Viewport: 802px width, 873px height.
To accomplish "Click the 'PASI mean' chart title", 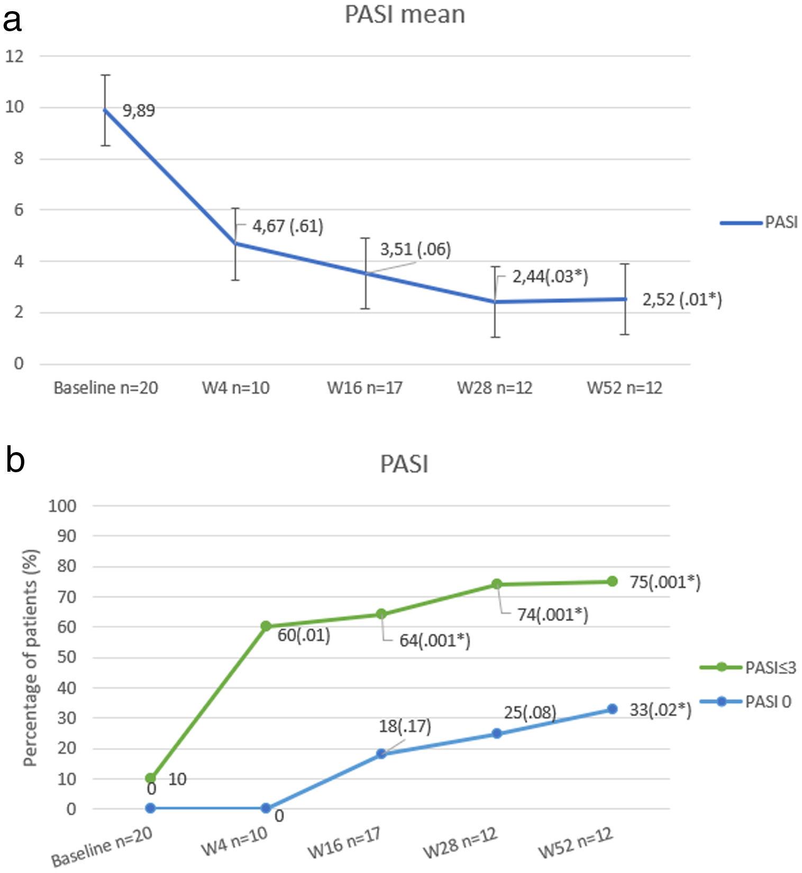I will point(405,15).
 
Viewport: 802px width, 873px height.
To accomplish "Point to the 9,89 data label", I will point(139,111).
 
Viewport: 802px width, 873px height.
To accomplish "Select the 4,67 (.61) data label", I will point(287,227).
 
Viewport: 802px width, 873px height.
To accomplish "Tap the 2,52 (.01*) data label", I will point(682,300).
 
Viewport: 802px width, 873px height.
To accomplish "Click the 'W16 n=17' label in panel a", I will point(364,388).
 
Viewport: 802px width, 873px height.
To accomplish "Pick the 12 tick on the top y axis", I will point(15,56).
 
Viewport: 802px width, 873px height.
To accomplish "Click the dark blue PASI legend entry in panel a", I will point(759,222).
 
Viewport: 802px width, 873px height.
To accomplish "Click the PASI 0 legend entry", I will point(745,702).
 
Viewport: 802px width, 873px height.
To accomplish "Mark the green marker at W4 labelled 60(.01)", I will point(266,626).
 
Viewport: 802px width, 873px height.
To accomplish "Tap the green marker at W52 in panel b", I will point(612,581).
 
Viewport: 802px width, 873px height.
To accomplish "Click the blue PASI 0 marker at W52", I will point(612,709).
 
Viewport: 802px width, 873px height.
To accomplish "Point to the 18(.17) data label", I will point(405,726).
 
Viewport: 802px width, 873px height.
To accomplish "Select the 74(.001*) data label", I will point(552,615).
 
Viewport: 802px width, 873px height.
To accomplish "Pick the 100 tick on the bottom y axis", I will point(62,506).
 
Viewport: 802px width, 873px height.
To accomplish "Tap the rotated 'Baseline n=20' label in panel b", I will point(102,846).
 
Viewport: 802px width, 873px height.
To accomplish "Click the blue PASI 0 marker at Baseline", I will point(150,808).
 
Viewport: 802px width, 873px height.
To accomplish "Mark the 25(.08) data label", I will point(530,713).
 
